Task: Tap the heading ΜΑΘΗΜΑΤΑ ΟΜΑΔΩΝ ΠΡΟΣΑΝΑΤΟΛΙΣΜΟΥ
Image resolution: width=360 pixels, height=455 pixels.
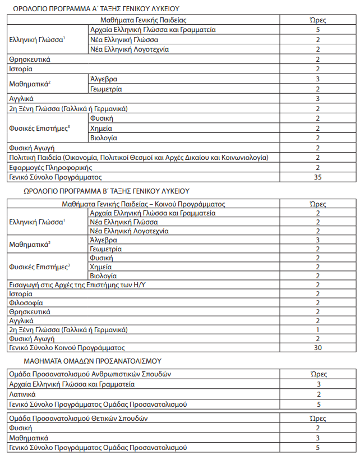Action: point(93,361)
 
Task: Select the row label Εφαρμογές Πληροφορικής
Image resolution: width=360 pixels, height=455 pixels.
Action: point(50,167)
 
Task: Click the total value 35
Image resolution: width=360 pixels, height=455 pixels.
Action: point(317,177)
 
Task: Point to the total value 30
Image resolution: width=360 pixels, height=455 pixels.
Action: point(317,348)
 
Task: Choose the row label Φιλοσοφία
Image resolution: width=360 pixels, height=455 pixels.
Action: point(26,303)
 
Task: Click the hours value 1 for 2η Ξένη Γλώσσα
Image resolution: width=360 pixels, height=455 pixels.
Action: point(317,330)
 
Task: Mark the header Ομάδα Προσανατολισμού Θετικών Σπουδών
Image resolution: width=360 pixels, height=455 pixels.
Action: point(78,418)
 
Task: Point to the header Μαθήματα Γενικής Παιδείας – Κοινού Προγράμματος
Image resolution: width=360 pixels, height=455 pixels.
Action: point(144,204)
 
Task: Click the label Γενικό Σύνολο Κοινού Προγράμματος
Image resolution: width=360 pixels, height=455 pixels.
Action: point(66,348)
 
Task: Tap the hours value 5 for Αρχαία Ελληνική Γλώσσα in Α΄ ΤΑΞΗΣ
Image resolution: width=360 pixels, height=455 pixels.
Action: point(317,30)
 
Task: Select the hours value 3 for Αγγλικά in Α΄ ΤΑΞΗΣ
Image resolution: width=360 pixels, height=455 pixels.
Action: point(317,99)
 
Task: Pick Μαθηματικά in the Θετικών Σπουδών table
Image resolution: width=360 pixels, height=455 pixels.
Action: point(29,438)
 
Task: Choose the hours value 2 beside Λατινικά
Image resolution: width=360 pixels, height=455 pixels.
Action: point(317,394)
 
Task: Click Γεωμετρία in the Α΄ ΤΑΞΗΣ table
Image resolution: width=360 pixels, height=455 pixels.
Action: point(106,89)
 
